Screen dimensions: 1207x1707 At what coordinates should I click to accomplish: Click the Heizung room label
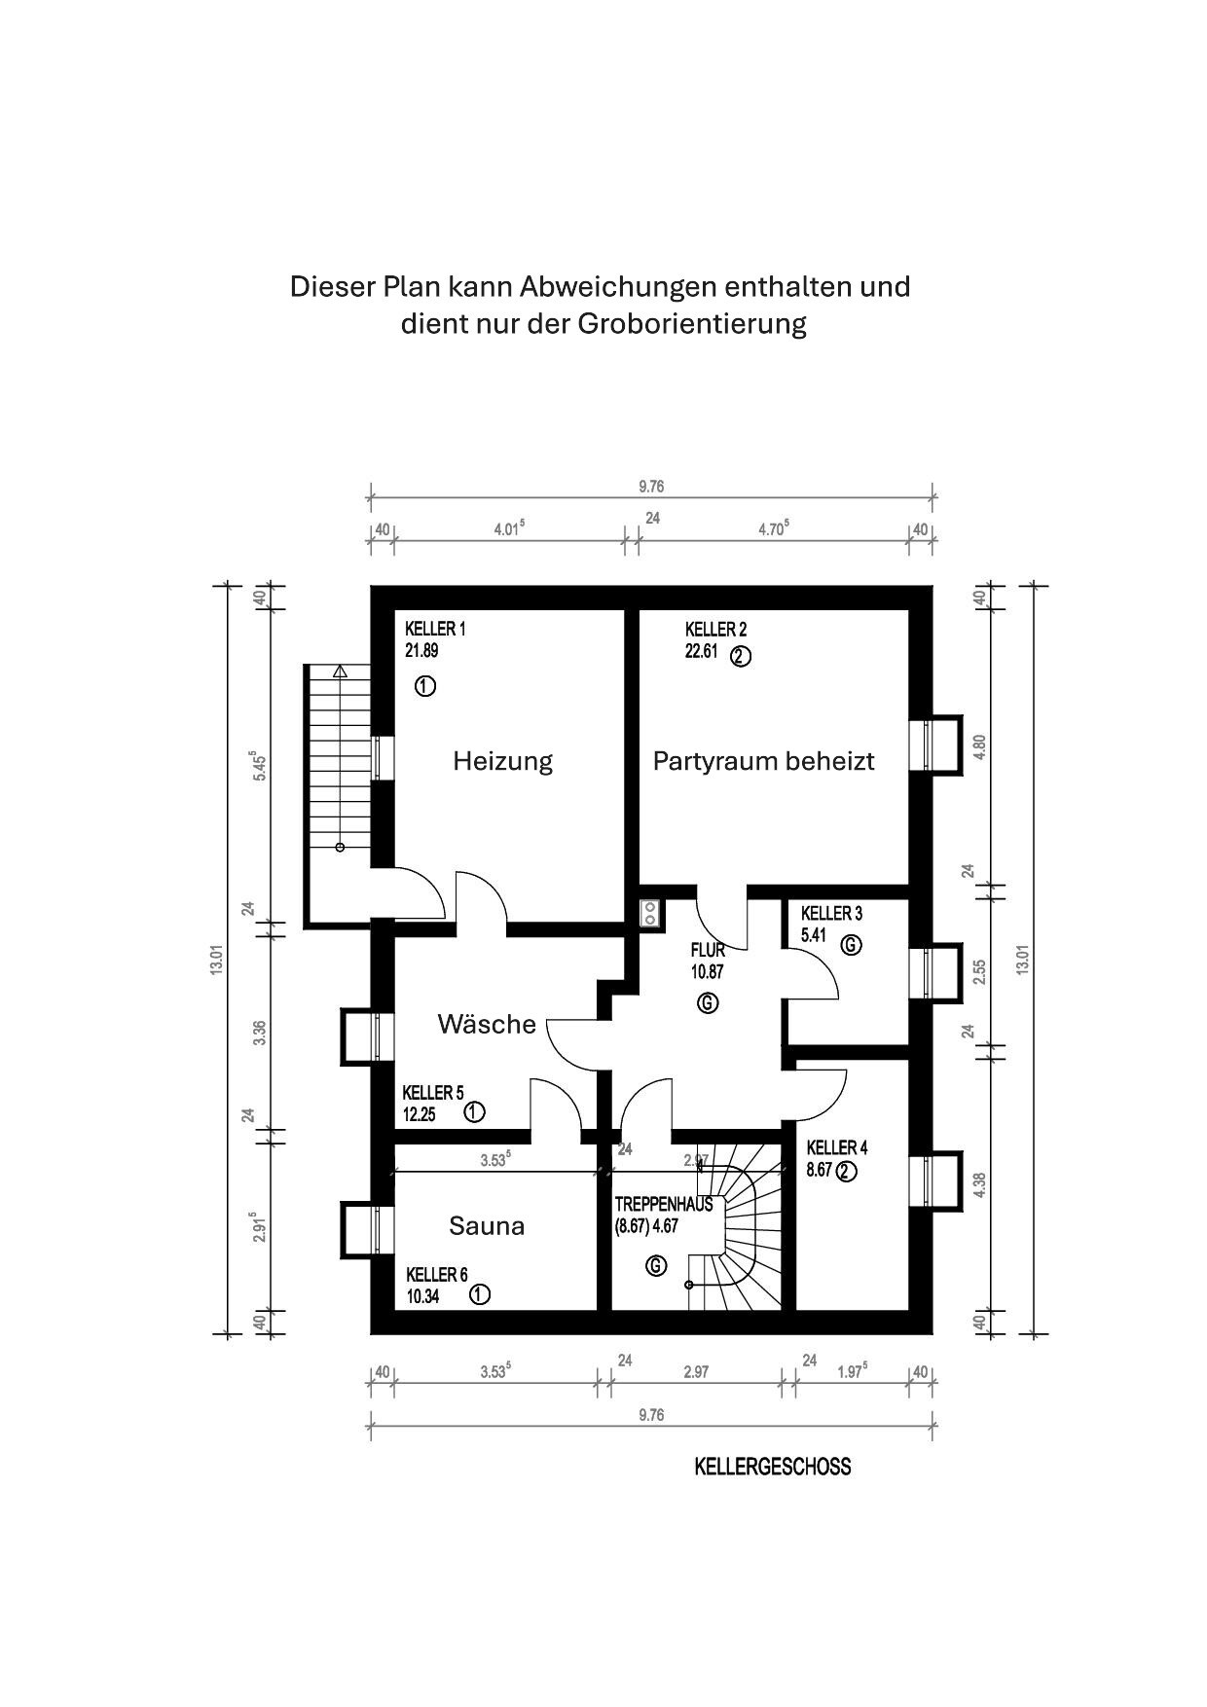point(502,761)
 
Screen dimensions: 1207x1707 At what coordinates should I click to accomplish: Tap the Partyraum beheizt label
point(763,760)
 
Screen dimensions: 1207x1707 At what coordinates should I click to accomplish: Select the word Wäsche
point(487,1024)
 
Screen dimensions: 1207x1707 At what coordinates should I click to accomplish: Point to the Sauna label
point(487,1226)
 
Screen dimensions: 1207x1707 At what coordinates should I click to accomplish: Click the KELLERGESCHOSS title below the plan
point(772,1467)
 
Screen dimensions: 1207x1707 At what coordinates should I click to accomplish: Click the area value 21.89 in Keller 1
point(421,651)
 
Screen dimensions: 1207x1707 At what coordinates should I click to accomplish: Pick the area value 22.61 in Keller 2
point(701,651)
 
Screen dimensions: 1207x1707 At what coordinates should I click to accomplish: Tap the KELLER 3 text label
point(831,914)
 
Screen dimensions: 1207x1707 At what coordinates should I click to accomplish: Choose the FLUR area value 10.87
point(708,971)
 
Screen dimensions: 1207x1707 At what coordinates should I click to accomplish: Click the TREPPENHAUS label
point(664,1205)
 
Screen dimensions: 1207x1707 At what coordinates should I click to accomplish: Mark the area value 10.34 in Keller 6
point(422,1296)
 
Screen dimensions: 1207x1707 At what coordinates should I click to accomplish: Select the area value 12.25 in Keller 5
point(419,1115)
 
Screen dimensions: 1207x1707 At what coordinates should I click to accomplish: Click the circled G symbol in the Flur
point(709,1002)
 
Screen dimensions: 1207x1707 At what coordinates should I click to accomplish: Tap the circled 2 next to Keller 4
point(846,1172)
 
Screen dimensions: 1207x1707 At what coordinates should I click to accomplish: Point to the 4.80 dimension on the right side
point(980,746)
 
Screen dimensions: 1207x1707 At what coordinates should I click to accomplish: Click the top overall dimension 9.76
point(651,487)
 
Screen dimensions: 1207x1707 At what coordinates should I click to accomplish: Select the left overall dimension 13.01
point(216,961)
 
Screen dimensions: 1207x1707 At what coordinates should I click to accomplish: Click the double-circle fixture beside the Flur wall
point(649,912)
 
